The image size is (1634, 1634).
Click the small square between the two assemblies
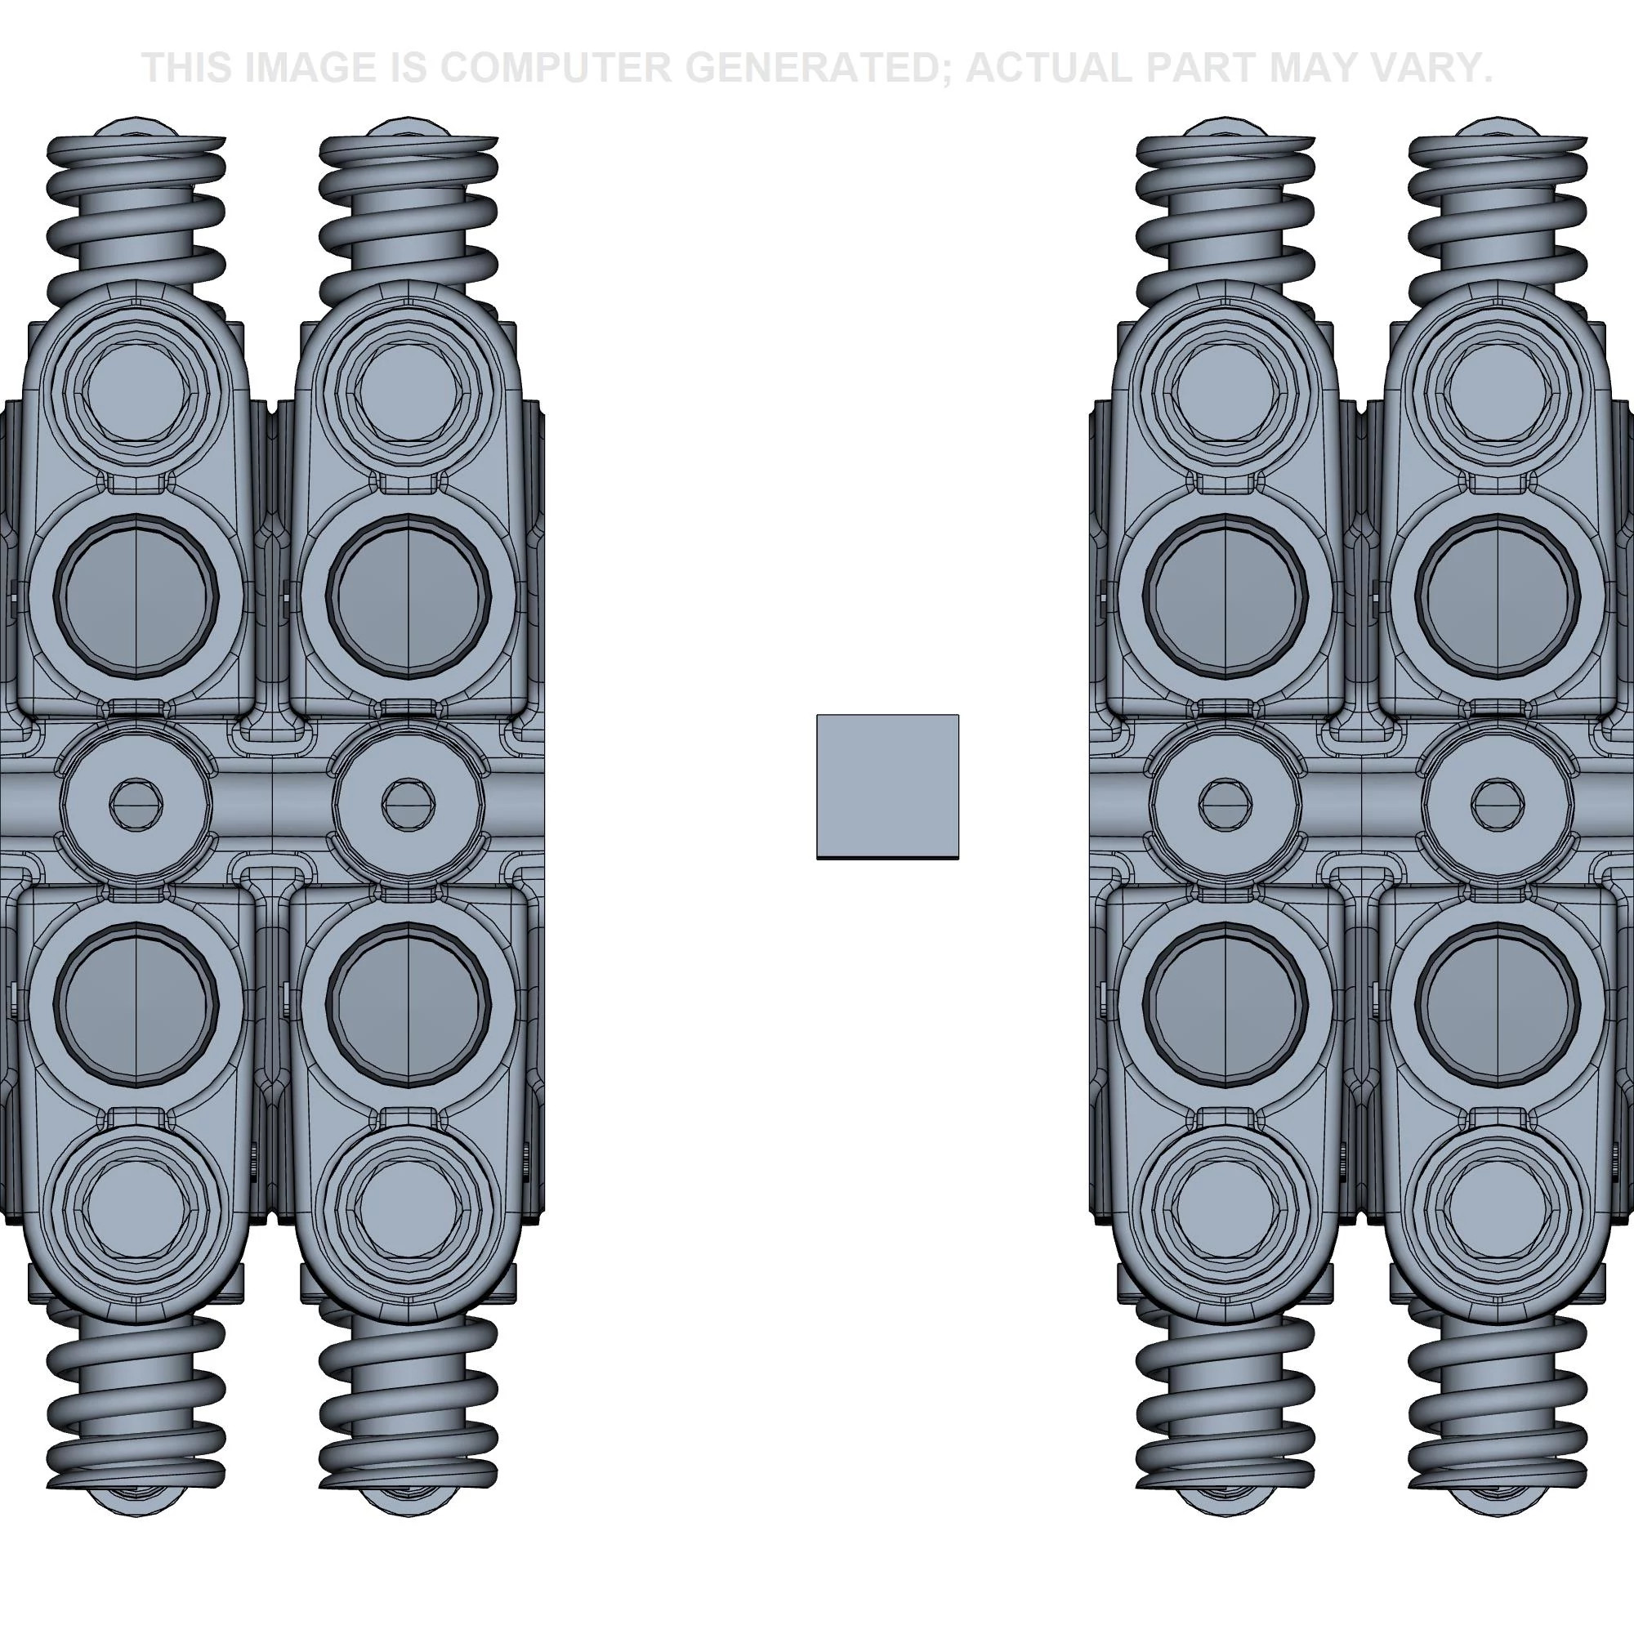click(x=887, y=787)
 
